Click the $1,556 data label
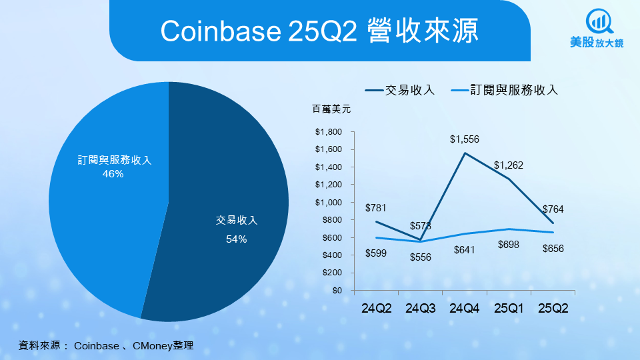(465, 139)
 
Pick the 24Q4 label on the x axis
(465, 309)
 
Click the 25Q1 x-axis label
(509, 309)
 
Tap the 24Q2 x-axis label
(377, 309)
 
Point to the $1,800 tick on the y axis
(329, 131)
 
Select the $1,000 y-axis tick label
(329, 202)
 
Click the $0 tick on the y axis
(337, 291)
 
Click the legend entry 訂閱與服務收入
(514, 90)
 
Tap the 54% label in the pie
(237, 239)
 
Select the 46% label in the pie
(113, 174)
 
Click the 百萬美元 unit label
(331, 108)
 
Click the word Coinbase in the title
(215, 31)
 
